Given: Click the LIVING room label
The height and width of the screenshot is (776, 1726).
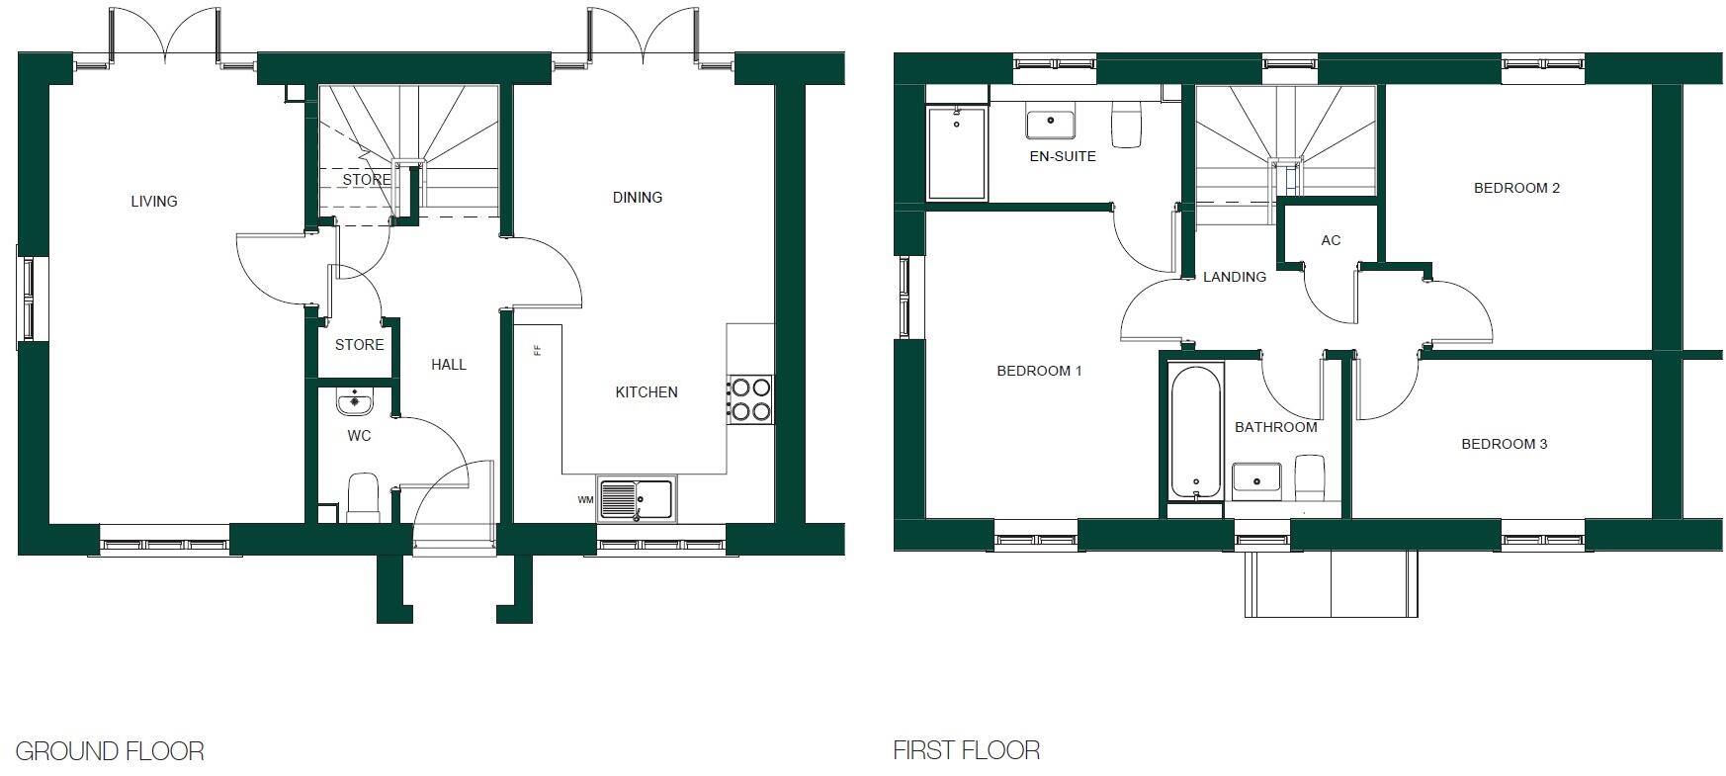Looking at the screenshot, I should [154, 202].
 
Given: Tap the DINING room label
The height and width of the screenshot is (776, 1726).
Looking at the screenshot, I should [638, 198].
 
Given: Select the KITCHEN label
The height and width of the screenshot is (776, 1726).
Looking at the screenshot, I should [647, 392].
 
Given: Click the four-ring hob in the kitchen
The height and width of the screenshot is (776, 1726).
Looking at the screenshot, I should [750, 399].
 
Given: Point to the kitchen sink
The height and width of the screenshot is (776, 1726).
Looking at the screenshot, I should [635, 498].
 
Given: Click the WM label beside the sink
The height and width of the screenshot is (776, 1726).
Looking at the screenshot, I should [585, 500].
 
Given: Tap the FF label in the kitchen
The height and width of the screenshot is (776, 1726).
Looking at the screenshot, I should [538, 350].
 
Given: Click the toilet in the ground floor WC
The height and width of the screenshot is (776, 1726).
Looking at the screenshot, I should [363, 496].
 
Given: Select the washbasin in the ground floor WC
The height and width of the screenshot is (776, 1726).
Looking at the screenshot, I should [354, 403].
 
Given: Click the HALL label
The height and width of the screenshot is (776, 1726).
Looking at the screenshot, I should [449, 365].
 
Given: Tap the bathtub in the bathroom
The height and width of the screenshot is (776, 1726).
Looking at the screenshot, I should [1196, 432].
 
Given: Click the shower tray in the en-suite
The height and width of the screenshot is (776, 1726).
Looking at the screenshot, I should [957, 153].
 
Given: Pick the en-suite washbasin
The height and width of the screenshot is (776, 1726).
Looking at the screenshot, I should [1050, 125].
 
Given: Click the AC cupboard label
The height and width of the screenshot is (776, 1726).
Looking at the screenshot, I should [1331, 240].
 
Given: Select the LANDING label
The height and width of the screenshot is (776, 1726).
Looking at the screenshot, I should [1235, 277].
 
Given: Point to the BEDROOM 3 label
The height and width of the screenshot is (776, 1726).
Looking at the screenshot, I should [1505, 444].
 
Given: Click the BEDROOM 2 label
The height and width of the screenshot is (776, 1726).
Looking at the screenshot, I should [1516, 188].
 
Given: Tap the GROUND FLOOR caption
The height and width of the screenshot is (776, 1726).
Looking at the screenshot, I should [110, 751].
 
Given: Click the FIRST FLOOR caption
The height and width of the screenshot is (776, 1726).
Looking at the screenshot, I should [966, 751].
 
